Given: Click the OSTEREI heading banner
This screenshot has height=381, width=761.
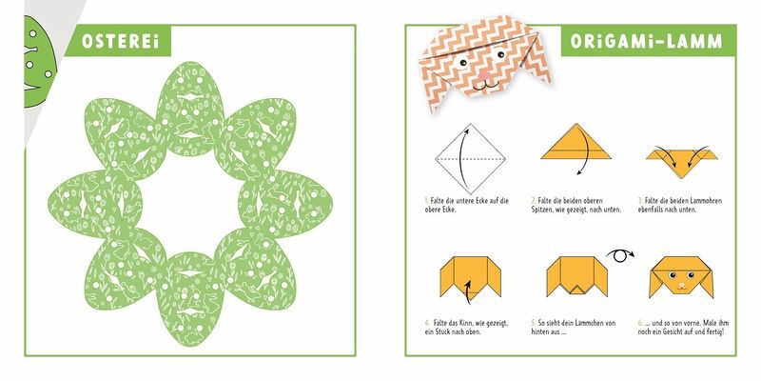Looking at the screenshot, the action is pyautogui.click(x=118, y=41).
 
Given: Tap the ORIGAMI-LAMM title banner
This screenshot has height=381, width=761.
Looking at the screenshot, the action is pyautogui.click(x=648, y=41).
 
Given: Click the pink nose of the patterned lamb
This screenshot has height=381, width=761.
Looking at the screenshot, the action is pyautogui.click(x=484, y=75).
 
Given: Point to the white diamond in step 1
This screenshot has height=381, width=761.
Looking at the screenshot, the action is pyautogui.click(x=470, y=159).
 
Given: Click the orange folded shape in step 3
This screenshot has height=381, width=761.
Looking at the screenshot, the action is pyautogui.click(x=682, y=162).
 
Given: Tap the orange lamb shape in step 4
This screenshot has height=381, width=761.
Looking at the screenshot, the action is pyautogui.click(x=470, y=276).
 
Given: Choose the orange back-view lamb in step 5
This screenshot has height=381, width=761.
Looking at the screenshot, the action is pyautogui.click(x=576, y=276).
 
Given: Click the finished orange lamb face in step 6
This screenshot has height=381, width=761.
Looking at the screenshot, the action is pyautogui.click(x=681, y=277).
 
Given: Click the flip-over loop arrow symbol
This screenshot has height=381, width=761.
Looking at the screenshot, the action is pyautogui.click(x=620, y=255).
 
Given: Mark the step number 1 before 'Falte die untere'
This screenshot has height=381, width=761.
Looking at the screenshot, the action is pyautogui.click(x=425, y=201).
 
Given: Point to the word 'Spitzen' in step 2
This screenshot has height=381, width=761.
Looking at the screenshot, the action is pyautogui.click(x=541, y=210).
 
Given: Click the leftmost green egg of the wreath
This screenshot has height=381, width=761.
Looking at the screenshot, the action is pyautogui.click(x=95, y=204).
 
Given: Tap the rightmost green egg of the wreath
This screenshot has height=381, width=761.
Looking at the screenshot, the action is pyautogui.click(x=285, y=203).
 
